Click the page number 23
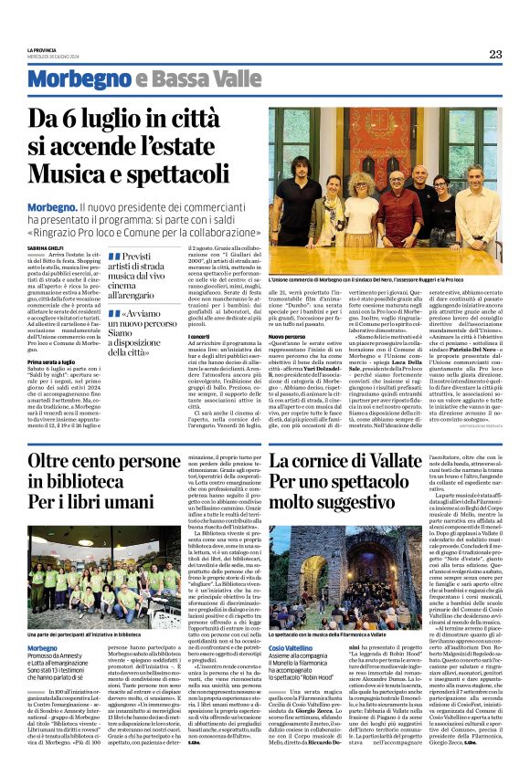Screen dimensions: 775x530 click(x=495, y=54)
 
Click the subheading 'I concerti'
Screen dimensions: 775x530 click(x=200, y=337)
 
